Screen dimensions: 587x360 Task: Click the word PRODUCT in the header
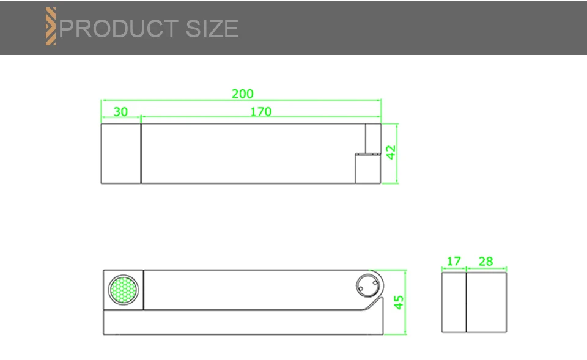click(118, 29)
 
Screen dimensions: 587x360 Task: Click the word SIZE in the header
click(212, 29)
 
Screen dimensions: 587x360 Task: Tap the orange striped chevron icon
click(51, 26)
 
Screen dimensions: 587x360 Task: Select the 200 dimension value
click(243, 94)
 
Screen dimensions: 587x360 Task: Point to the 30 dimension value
click(120, 111)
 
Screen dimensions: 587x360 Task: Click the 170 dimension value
click(261, 111)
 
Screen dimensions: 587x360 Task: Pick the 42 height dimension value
click(391, 152)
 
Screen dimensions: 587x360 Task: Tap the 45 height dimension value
click(399, 303)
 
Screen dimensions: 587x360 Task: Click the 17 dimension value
click(454, 261)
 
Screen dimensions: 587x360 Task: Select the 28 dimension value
click(486, 261)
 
